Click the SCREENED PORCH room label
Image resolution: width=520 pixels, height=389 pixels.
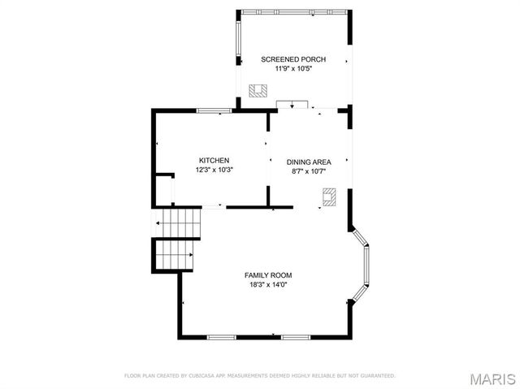tap(293, 59)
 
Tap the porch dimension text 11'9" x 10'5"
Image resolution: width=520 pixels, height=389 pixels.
tap(293, 69)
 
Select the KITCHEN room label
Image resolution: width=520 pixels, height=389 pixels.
tap(214, 160)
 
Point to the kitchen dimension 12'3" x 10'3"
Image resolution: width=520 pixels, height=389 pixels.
tap(214, 170)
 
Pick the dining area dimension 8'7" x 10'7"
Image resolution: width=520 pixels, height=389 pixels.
tap(309, 171)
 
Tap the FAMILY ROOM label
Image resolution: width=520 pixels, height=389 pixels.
tap(268, 274)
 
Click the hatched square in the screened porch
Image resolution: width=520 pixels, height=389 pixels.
tap(258, 90)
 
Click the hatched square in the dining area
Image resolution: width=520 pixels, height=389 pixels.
tap(329, 197)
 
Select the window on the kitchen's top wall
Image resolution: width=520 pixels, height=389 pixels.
tap(214, 110)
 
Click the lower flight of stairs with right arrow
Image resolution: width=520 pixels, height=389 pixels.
tap(176, 256)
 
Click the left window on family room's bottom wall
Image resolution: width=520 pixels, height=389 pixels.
tap(222, 336)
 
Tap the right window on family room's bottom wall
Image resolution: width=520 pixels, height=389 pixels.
tap(295, 336)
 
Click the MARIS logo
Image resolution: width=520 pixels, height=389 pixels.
tap(492, 378)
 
